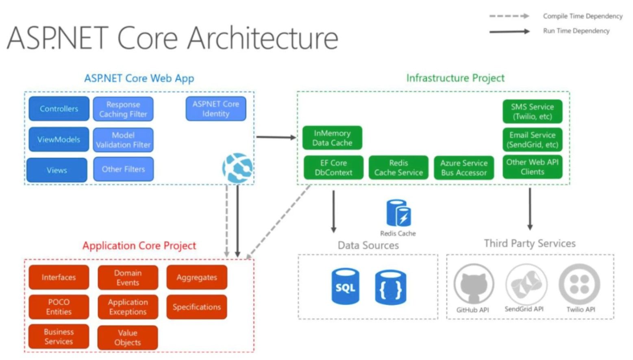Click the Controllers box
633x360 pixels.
(59, 109)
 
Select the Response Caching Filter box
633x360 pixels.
(123, 109)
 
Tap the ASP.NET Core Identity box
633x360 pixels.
(216, 109)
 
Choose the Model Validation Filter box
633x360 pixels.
(123, 140)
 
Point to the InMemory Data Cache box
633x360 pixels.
(332, 138)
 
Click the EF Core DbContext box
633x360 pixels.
(333, 168)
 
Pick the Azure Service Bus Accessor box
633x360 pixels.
(464, 168)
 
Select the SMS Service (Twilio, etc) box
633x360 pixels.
(532, 111)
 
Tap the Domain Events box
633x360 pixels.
(128, 277)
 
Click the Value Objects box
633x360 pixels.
(128, 338)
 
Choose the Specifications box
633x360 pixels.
(197, 307)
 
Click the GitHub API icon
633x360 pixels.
(474, 284)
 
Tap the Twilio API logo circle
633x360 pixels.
(579, 284)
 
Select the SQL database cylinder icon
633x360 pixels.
(345, 286)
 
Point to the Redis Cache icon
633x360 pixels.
(398, 213)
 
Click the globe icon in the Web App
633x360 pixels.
(237, 168)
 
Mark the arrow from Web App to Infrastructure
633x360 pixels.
(276, 137)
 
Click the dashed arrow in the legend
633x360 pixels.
(509, 16)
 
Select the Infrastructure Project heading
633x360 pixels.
(455, 78)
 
